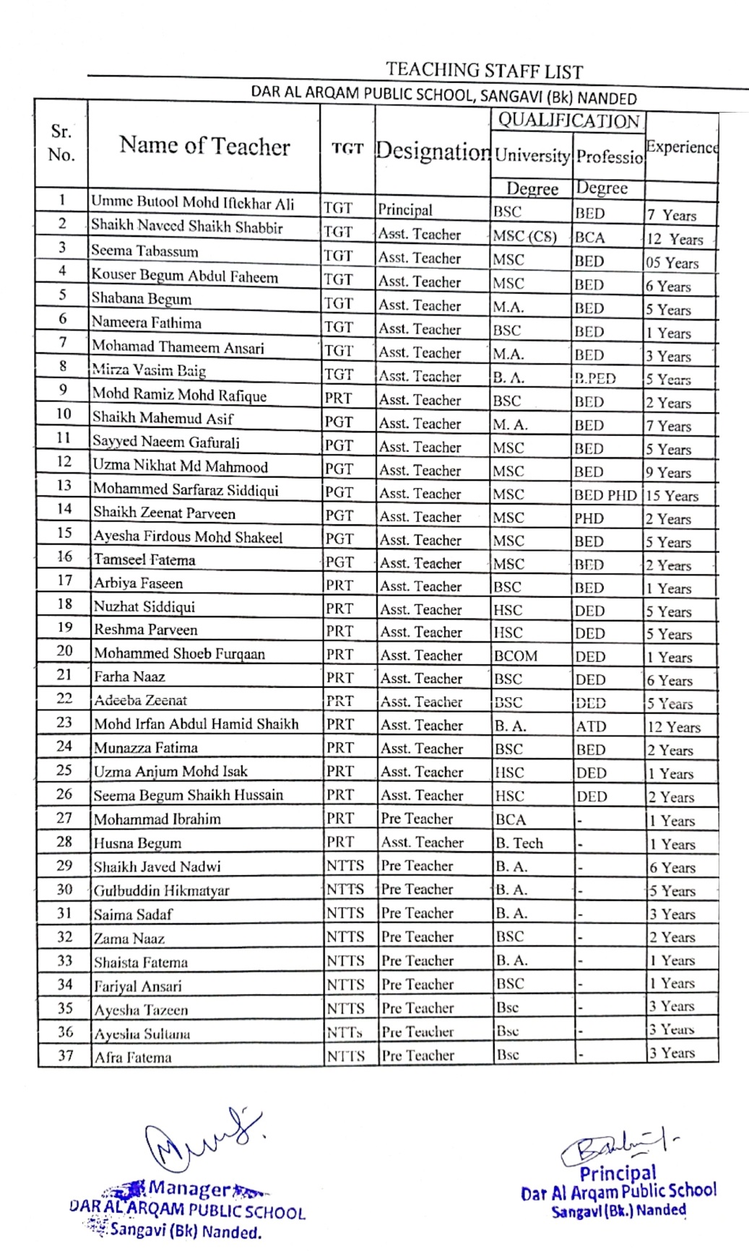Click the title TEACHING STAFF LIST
[484, 71]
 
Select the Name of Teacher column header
[204, 146]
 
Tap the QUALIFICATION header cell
[568, 121]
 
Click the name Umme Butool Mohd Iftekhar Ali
[192, 202]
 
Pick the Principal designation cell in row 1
[405, 210]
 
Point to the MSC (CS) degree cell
[525, 236]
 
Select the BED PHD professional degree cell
[605, 495]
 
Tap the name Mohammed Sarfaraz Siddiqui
[186, 489]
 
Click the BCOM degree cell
[516, 656]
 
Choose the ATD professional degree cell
[591, 726]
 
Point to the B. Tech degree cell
[519, 843]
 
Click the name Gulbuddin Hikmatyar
[161, 890]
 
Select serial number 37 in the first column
[65, 1055]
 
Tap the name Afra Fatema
[133, 1058]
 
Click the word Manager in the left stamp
[189, 1189]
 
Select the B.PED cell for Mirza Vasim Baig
[595, 378]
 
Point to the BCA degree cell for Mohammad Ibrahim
[511, 819]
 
